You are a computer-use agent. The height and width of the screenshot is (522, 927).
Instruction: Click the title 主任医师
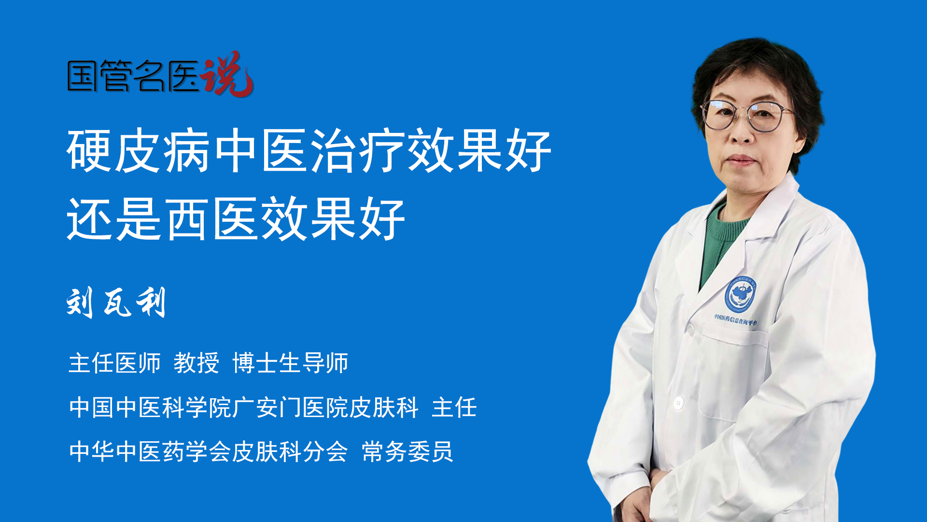coord(115,363)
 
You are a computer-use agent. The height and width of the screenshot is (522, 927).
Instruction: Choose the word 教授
coord(197,363)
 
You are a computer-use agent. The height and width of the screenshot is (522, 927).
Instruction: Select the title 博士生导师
coord(290,363)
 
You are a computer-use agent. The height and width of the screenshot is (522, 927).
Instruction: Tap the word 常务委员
coord(407,452)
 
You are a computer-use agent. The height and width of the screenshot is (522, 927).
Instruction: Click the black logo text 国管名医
coord(133,76)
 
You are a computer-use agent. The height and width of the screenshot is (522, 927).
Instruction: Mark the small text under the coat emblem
coord(736,319)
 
